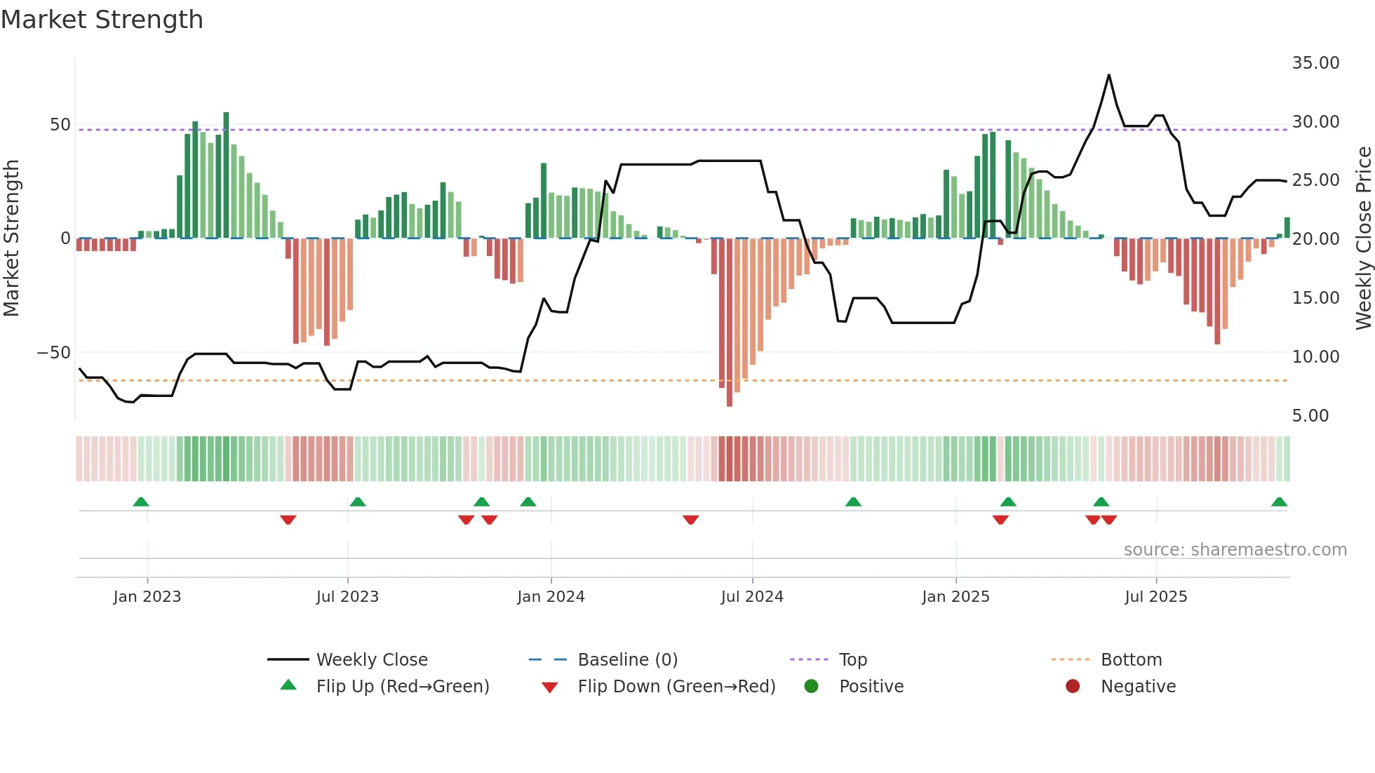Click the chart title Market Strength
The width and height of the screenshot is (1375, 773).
click(x=102, y=20)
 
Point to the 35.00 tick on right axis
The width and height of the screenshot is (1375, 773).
click(x=1315, y=63)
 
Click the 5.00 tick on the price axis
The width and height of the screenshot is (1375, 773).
click(x=1310, y=416)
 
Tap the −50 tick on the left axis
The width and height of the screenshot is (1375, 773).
click(x=53, y=353)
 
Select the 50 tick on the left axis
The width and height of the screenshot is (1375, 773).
click(x=60, y=125)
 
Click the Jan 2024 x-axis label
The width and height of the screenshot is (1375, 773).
click(x=551, y=597)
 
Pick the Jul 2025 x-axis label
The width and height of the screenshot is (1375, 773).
click(x=1155, y=597)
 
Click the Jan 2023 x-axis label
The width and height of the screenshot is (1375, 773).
click(x=147, y=597)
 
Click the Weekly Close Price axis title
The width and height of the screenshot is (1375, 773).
click(x=1363, y=238)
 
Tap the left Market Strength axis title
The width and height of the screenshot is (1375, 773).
click(x=11, y=238)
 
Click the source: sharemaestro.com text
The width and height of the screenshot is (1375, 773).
click(x=1235, y=550)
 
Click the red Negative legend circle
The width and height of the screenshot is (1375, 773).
click(x=1072, y=687)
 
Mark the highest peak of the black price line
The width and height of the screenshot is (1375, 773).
click(x=1108, y=75)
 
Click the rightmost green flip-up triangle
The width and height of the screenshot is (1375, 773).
click(x=1279, y=502)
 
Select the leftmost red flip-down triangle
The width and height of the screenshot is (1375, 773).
click(x=288, y=520)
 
